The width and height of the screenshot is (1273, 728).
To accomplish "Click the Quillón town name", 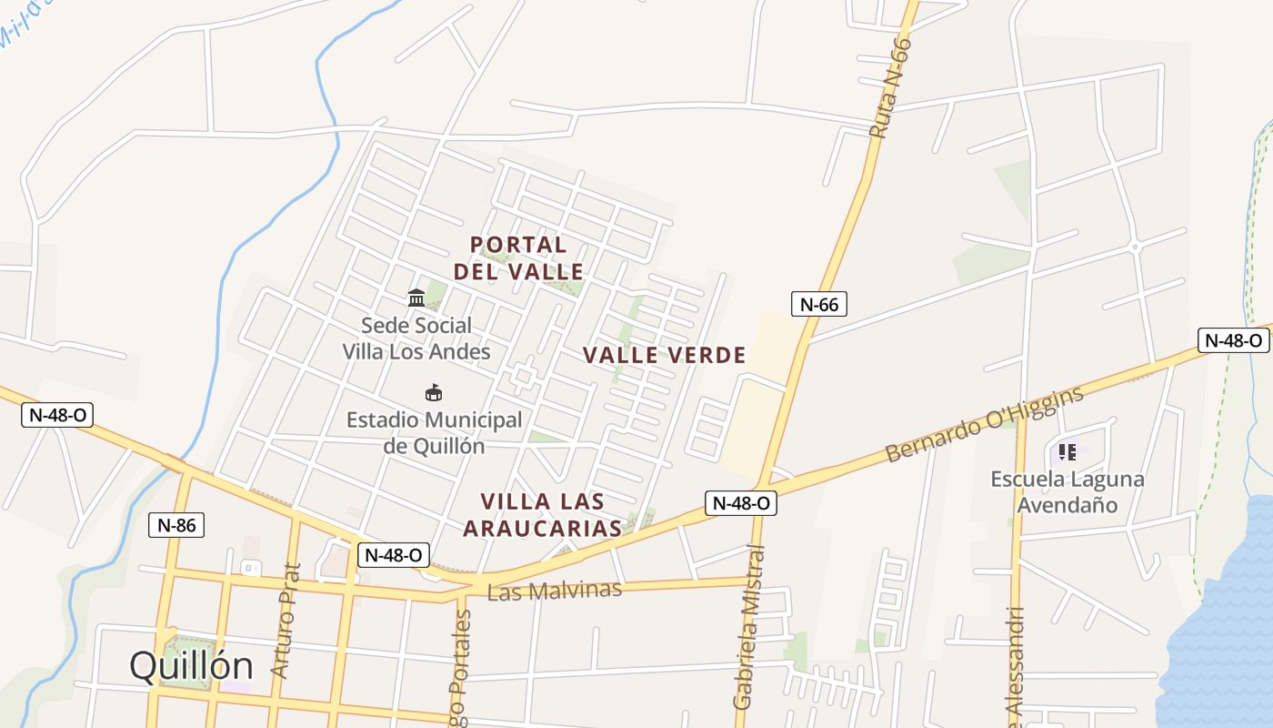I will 191,666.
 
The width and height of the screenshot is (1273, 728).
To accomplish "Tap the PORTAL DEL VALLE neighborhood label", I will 518,258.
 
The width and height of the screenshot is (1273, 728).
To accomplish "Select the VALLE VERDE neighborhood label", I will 664,355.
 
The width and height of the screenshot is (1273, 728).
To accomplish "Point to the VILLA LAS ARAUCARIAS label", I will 543,514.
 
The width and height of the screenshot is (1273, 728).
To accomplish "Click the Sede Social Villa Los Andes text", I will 416,339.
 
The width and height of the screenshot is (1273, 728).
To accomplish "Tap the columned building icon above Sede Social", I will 416,298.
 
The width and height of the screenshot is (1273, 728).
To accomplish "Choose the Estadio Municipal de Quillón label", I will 435,433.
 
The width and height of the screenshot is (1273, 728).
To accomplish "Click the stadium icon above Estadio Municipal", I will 434,392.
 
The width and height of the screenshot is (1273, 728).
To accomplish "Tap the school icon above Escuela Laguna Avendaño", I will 1068,450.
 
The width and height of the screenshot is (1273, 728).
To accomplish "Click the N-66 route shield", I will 818,304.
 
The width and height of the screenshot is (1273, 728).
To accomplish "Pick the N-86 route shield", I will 176,525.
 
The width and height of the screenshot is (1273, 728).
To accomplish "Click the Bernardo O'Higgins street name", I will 985,423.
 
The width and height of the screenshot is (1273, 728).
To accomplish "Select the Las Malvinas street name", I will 555,591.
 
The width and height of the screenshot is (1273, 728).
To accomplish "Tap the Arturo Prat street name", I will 286,621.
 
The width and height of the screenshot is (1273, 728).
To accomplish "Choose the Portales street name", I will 462,664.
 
